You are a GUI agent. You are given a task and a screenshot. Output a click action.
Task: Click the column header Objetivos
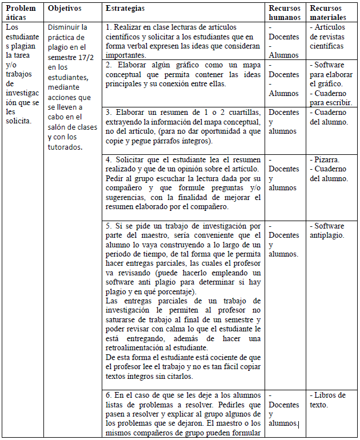65,9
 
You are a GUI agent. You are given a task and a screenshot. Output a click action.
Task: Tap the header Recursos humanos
285,13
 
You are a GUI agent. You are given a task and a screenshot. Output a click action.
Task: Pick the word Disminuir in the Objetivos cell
67,27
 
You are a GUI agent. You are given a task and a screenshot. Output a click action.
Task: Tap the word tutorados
65,147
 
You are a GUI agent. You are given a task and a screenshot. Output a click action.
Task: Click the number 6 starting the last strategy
109,395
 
